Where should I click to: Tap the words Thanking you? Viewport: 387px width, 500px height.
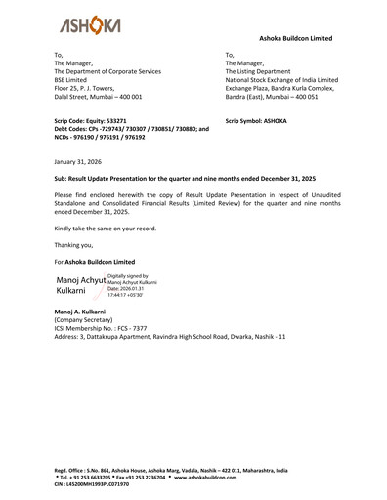coord(74,244)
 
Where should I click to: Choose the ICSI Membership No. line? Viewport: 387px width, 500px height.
coord(101,327)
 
